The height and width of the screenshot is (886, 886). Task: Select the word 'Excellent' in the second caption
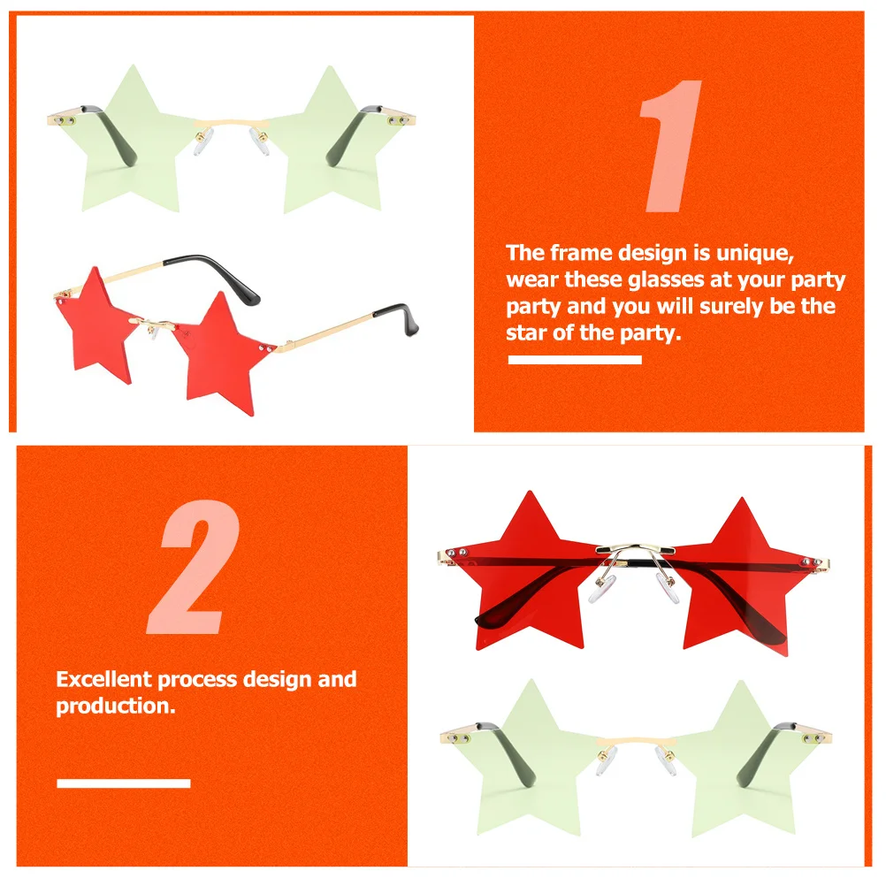pyautogui.click(x=104, y=679)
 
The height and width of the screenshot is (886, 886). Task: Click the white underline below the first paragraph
pyautogui.click(x=575, y=360)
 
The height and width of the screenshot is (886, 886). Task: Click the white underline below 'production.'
pyautogui.click(x=124, y=783)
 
